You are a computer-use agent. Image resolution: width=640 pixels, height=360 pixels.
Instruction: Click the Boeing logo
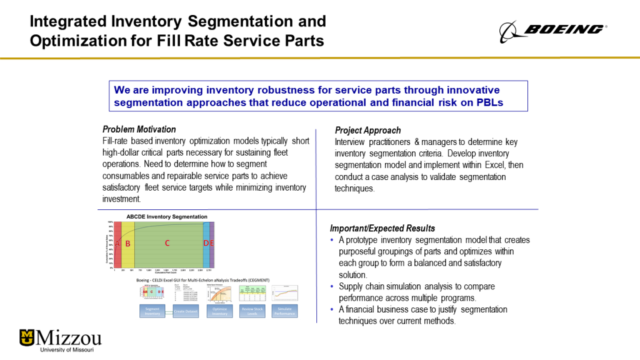(x=552, y=29)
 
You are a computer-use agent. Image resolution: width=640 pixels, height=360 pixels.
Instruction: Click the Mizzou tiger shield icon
(x=27, y=337)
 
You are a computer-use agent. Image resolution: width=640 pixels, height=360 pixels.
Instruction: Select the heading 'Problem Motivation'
(x=139, y=129)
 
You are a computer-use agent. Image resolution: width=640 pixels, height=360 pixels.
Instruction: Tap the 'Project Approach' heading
(x=367, y=131)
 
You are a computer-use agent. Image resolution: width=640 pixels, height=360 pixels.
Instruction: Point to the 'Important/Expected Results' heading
(x=382, y=228)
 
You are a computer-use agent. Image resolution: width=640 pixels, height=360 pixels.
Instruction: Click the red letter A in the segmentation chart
(x=117, y=243)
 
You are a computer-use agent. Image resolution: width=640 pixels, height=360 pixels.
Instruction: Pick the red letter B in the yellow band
(x=127, y=243)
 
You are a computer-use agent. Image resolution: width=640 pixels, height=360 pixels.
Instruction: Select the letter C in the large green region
(x=167, y=242)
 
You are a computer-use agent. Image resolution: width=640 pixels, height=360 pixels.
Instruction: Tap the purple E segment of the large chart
(x=212, y=243)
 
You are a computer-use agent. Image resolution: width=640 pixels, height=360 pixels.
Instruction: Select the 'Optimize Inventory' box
(x=220, y=311)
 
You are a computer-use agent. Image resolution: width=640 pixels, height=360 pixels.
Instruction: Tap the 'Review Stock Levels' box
(x=252, y=311)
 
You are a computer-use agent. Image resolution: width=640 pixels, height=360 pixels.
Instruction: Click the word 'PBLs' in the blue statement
(x=488, y=102)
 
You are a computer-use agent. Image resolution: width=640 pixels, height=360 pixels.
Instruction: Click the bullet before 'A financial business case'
(x=332, y=310)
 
